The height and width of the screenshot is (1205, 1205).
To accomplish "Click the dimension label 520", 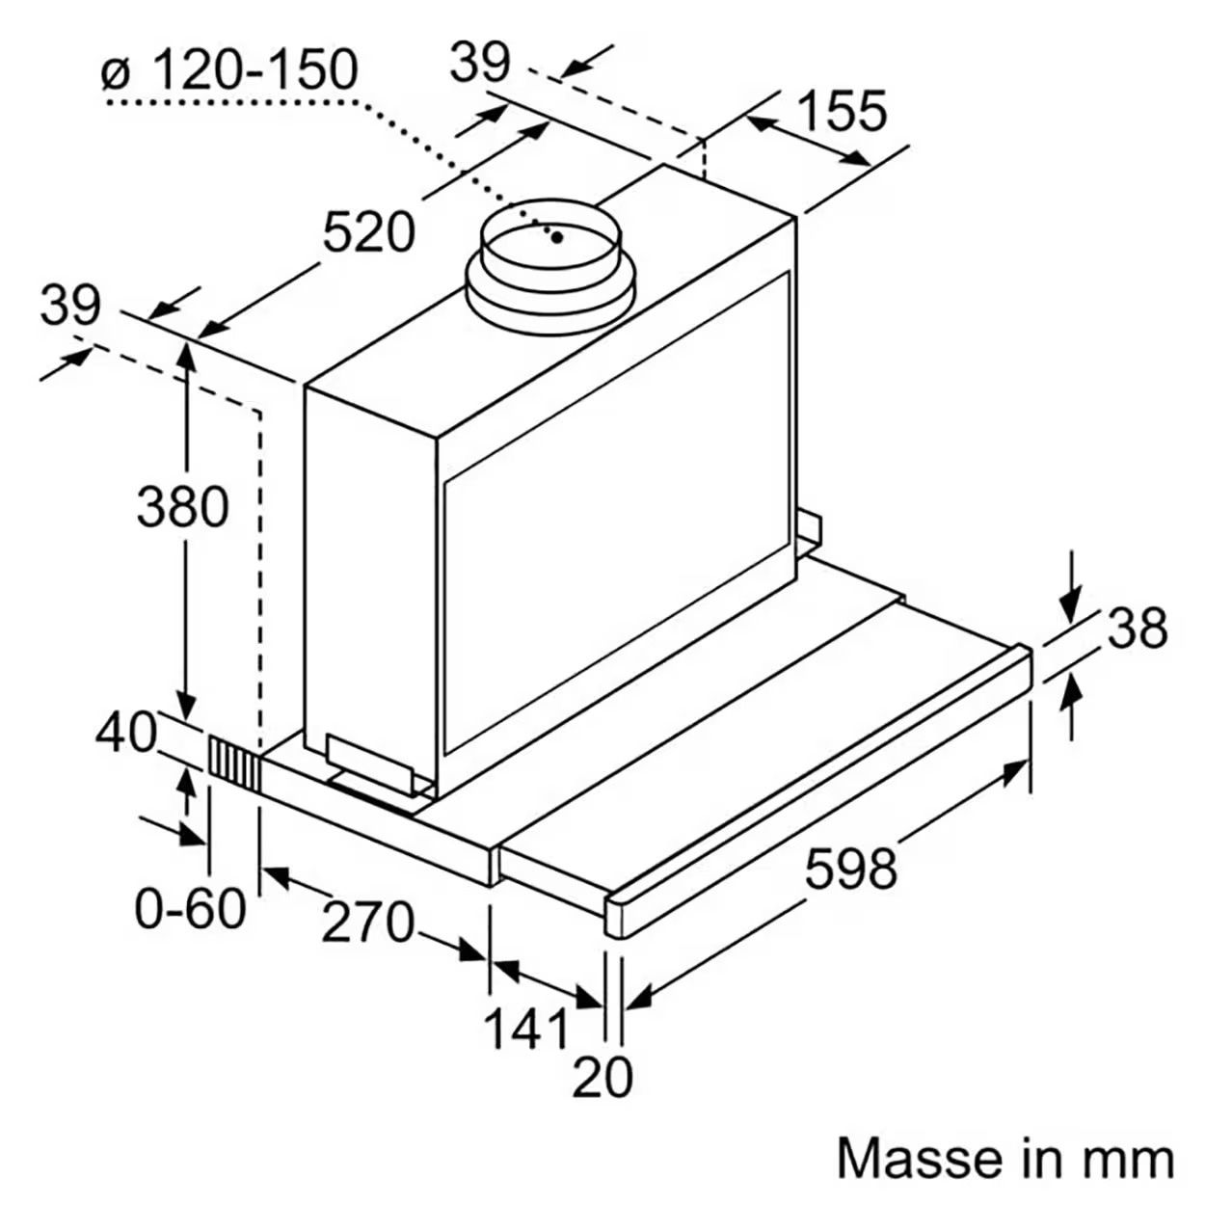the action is pyautogui.click(x=369, y=232).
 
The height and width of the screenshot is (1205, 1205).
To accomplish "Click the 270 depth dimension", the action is pyautogui.click(x=367, y=922).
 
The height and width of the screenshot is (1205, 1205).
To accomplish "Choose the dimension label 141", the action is pyautogui.click(x=527, y=1028).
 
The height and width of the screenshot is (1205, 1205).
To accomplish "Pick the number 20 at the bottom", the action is pyautogui.click(x=602, y=1094).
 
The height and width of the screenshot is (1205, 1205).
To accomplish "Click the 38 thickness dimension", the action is pyautogui.click(x=1138, y=628).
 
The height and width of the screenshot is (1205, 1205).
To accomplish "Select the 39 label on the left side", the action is pyautogui.click(x=70, y=307).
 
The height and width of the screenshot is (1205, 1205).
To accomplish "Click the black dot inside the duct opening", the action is pyautogui.click(x=557, y=237).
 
